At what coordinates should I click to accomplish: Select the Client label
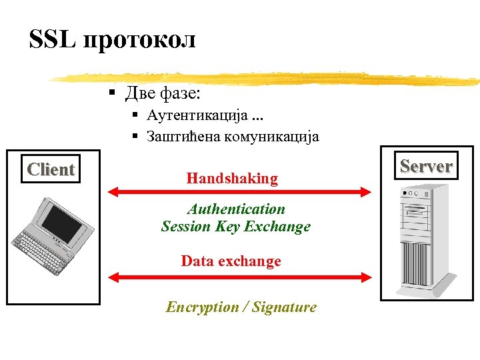(x=51, y=170)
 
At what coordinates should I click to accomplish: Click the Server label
(x=426, y=166)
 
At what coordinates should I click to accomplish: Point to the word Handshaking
(x=232, y=179)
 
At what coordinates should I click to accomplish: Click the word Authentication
(x=236, y=209)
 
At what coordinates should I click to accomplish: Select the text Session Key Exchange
(x=236, y=227)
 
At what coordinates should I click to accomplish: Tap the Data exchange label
(x=231, y=261)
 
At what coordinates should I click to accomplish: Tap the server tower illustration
(x=423, y=240)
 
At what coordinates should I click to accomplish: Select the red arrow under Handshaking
(x=239, y=192)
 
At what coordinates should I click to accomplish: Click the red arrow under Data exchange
(x=239, y=275)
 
